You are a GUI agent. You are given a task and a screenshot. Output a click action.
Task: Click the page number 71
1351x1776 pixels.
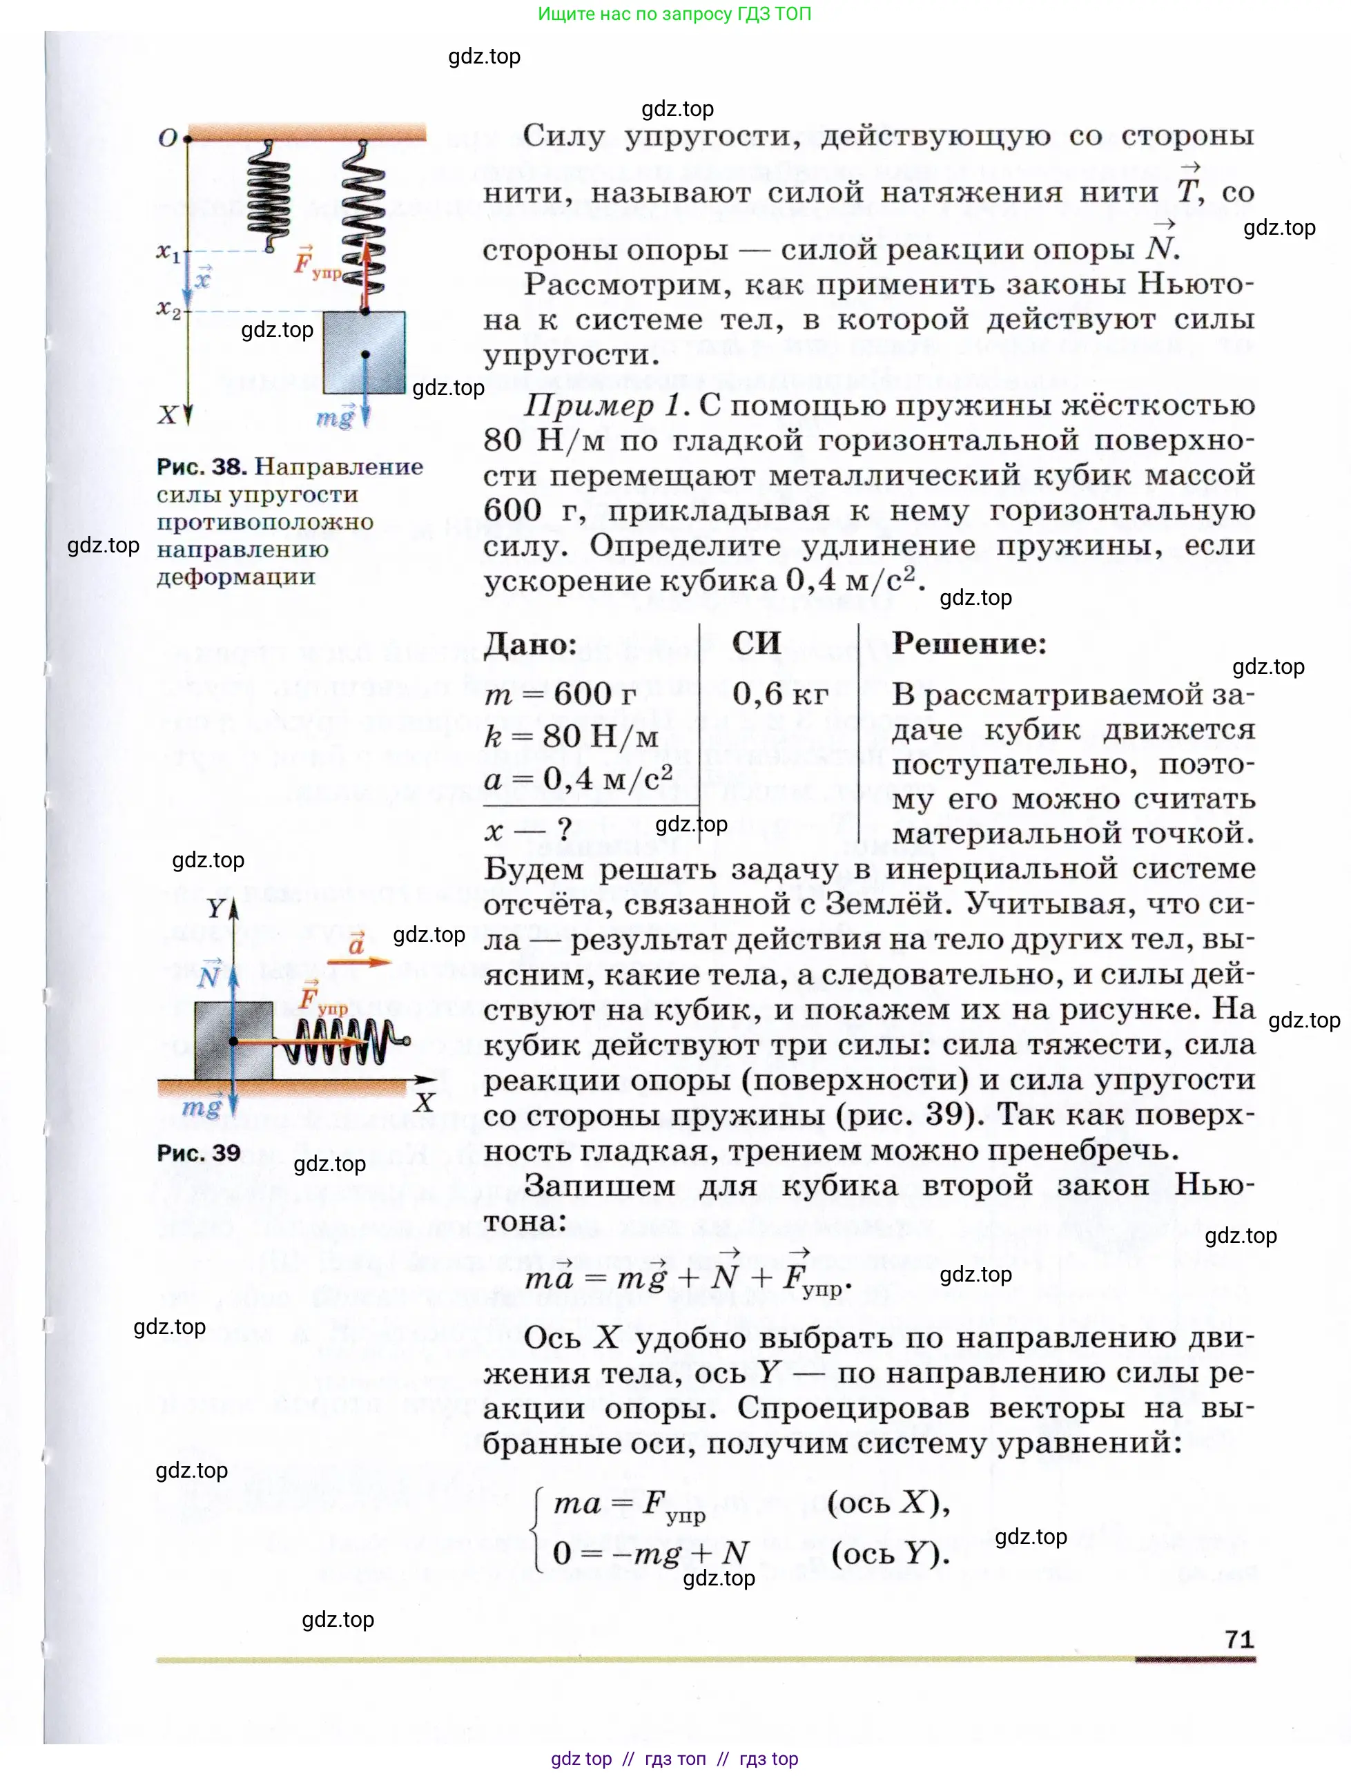pyautogui.click(x=1239, y=1639)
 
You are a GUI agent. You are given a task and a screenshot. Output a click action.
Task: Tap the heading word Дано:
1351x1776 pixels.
pyautogui.click(x=531, y=644)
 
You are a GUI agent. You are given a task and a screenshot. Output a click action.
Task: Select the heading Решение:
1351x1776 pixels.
pyautogui.click(x=969, y=644)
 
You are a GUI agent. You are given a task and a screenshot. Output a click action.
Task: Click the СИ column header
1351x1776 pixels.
pyautogui.click(x=756, y=644)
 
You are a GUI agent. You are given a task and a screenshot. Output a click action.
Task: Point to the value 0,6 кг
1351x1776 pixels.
pyautogui.click(x=780, y=693)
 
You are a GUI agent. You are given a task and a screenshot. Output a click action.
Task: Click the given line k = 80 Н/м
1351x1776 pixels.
pyautogui.click(x=572, y=736)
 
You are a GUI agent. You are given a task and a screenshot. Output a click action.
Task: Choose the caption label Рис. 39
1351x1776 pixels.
pyautogui.click(x=199, y=1152)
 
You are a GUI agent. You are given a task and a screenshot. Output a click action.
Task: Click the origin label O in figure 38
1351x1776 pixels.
pyautogui.click(x=167, y=138)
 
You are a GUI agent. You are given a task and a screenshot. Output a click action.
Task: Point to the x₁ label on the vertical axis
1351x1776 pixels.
pyautogui.click(x=167, y=253)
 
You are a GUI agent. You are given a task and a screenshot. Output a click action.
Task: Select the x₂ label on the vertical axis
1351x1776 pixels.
pyautogui.click(x=167, y=309)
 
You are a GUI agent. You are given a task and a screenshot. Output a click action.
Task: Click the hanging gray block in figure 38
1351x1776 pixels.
pyautogui.click(x=365, y=352)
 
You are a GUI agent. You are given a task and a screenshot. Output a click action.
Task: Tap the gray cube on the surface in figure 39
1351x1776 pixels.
pyautogui.click(x=233, y=1041)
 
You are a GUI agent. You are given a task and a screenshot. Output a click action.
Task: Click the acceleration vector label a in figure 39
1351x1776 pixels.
pyautogui.click(x=357, y=943)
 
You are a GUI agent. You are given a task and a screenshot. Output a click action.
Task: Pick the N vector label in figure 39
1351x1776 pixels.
pyautogui.click(x=209, y=974)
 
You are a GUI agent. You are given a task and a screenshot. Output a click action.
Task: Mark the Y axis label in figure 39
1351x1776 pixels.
pyautogui.click(x=215, y=909)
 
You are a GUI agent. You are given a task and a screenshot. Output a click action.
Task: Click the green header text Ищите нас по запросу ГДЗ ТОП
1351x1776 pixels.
pyautogui.click(x=674, y=14)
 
